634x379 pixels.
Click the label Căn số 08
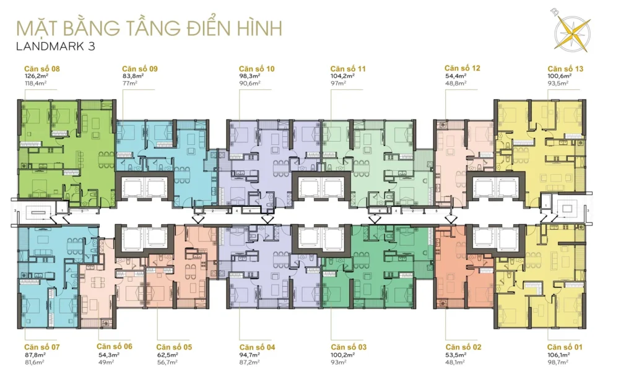click(41, 68)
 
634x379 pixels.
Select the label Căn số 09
click(139, 68)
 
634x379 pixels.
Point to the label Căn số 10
click(256, 68)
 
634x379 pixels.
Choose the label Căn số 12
click(462, 68)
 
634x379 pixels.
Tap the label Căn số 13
click(565, 68)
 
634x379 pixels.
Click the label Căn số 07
click(41, 347)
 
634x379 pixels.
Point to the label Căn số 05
click(174, 347)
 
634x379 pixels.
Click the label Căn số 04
click(256, 347)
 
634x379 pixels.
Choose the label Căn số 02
click(462, 347)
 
